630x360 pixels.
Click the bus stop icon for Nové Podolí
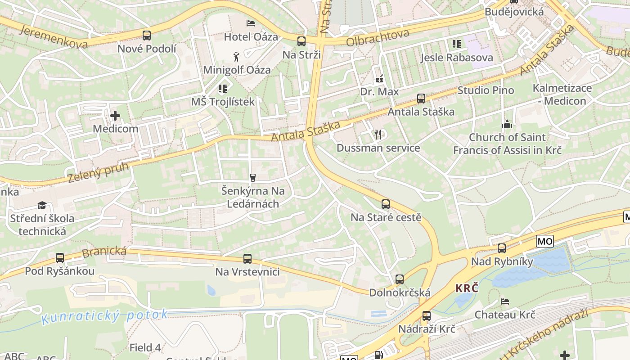tap(147, 35)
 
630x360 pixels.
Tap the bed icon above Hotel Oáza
tap(250, 23)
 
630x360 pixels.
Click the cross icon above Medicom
tap(115, 116)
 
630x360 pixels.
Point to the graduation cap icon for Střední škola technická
tap(42, 206)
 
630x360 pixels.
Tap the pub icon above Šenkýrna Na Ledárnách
tap(253, 177)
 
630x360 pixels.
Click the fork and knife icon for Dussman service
tap(378, 134)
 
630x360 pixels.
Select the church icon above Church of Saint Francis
tap(507, 124)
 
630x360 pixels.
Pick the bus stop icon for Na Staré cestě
tap(386, 204)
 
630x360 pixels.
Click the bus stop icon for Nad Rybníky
tap(502, 248)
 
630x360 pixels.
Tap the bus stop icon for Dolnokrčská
tap(400, 279)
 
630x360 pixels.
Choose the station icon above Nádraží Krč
tap(427, 316)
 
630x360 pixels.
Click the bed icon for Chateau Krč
tap(505, 301)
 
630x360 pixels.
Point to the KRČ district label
tap(467, 288)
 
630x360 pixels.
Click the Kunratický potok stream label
tap(104, 316)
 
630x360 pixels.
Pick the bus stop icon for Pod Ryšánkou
tap(60, 258)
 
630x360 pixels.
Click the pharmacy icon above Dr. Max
tap(379, 79)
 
